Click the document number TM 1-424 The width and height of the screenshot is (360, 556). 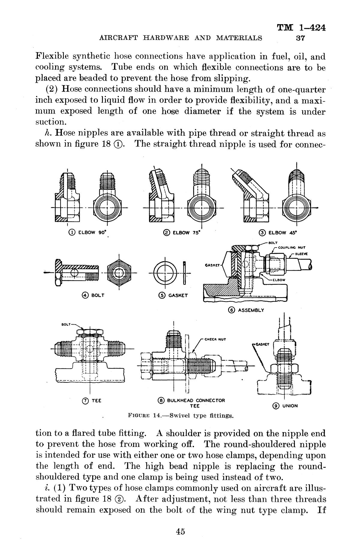pos(301,28)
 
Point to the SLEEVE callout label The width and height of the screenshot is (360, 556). pos(302,254)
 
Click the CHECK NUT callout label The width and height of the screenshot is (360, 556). pos(215,339)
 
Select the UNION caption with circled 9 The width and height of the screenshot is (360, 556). pos(285,406)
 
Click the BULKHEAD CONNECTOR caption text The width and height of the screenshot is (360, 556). pos(192,400)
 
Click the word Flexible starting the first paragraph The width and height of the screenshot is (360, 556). pos(52,56)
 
